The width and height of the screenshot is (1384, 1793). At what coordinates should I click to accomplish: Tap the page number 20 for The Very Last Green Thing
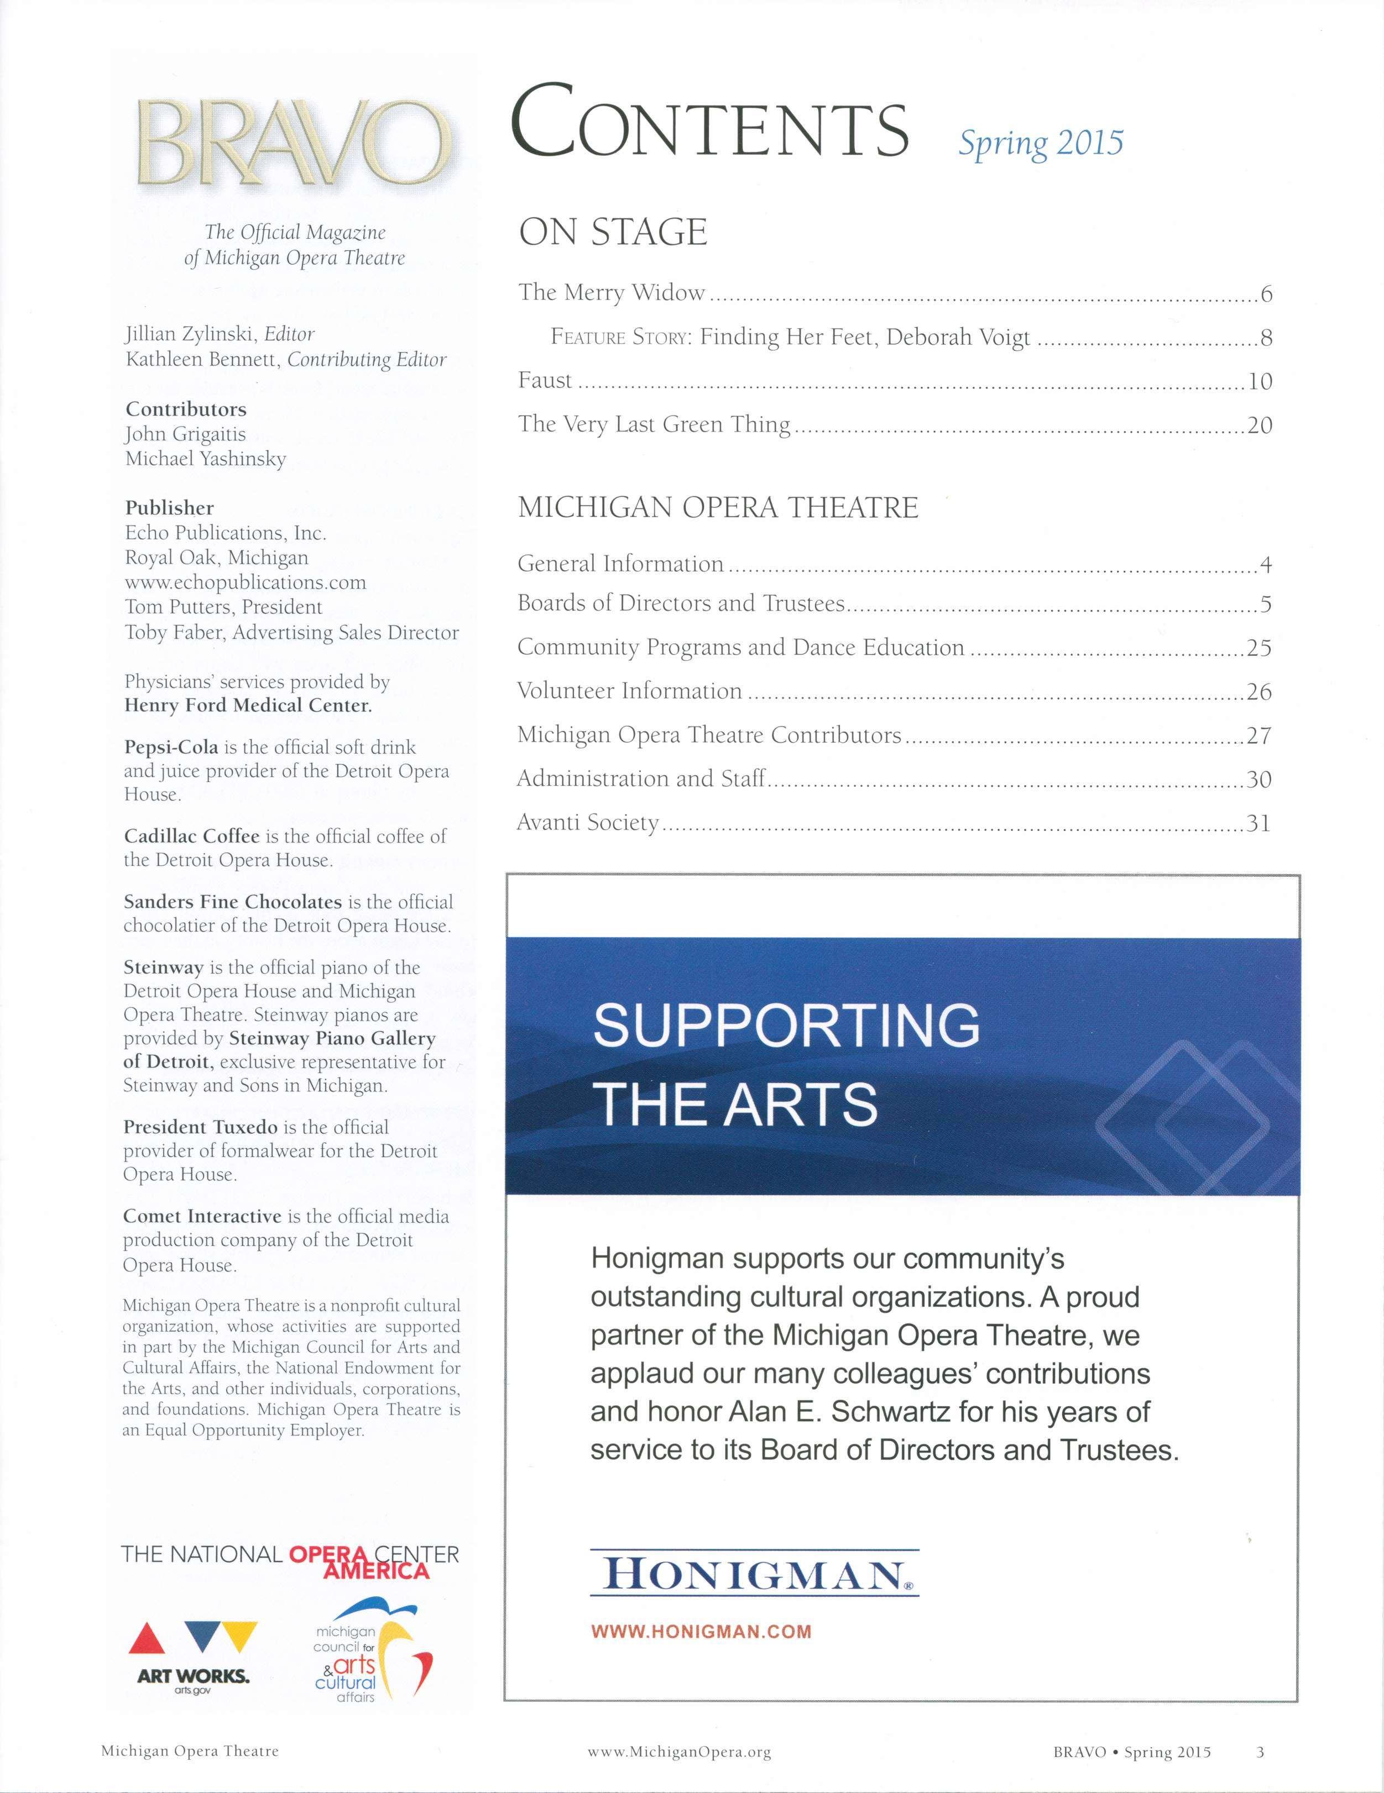tap(1259, 425)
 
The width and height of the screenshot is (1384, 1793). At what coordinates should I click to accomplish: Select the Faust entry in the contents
tap(545, 380)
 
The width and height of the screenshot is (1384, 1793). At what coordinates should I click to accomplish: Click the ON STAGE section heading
tap(612, 232)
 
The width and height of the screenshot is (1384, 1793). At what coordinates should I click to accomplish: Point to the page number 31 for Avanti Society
tap(1258, 823)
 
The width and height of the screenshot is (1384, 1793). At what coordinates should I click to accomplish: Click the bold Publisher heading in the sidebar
tap(169, 508)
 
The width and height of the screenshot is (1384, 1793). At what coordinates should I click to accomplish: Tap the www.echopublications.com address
tap(245, 582)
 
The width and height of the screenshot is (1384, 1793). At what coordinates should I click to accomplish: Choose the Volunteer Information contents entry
tap(629, 691)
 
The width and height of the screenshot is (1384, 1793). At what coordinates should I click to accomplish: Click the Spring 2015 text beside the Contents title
tap(1040, 143)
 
